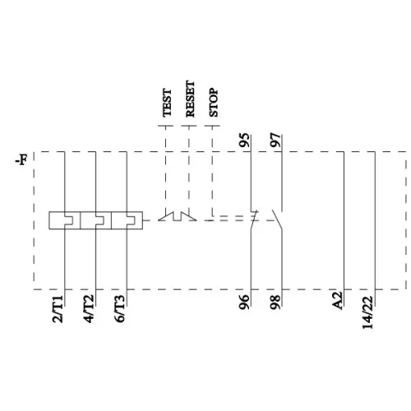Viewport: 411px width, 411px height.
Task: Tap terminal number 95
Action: (244, 141)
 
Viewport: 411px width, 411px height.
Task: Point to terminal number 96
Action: (244, 303)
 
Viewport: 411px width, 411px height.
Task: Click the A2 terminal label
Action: (337, 302)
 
